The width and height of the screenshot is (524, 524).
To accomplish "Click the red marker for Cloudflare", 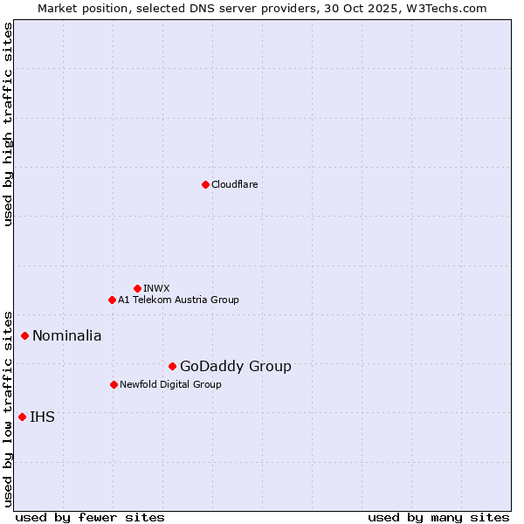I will click(205, 184).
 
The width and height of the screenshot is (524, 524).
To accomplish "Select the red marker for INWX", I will click(137, 288).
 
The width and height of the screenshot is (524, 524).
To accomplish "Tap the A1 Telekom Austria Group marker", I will click(112, 300).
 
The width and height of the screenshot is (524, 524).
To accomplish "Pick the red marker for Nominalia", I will click(25, 335).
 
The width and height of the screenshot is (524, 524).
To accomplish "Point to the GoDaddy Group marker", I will click(172, 366).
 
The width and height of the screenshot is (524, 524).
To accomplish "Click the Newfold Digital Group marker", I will click(114, 384).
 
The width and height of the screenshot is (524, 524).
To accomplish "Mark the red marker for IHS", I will click(22, 417).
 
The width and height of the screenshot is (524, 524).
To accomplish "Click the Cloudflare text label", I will click(234, 184).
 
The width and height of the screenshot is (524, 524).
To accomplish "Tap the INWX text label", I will click(156, 288).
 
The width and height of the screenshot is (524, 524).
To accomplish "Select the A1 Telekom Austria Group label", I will click(178, 300).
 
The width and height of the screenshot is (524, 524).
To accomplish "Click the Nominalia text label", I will click(67, 335).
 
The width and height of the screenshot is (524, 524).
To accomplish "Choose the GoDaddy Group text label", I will click(236, 366).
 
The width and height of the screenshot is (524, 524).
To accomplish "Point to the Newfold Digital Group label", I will click(170, 384).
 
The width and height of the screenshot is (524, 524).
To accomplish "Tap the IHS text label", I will click(42, 417).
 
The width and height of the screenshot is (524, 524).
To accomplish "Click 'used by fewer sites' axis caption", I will click(90, 517).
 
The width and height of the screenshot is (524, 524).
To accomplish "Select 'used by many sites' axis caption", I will click(438, 517).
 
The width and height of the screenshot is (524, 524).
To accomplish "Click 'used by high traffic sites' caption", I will click(8, 125).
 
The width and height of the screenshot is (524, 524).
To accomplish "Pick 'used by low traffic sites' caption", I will click(8, 408).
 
